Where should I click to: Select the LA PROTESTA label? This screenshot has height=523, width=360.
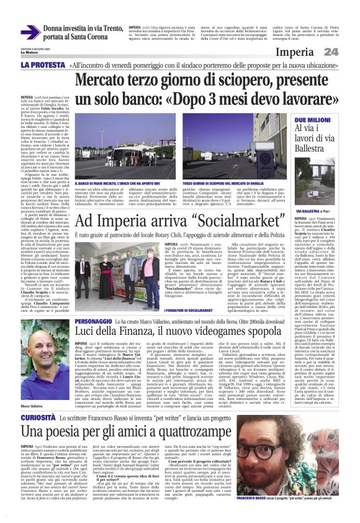tap(43, 65)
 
